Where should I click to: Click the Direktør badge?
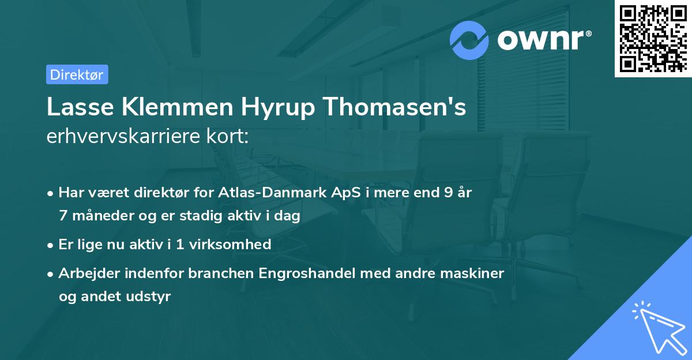[x=77, y=74]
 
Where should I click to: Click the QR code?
[x=652, y=38]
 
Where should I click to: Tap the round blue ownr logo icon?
[x=469, y=40]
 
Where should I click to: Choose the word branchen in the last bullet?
[x=216, y=272]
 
